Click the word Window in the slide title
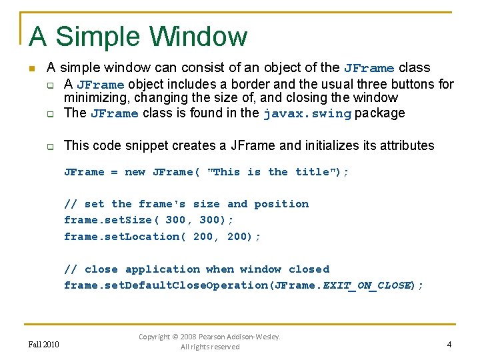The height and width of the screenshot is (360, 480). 198,37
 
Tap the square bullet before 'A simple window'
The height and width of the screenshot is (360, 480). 31,69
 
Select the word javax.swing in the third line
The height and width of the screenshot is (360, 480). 307,113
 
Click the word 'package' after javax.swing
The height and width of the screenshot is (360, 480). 379,113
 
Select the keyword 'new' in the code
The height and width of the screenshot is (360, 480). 135,172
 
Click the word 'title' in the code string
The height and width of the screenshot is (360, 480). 312,172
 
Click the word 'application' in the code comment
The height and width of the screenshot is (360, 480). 163,269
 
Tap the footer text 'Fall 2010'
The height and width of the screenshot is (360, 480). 44,345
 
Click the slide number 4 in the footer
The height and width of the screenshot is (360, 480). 449,345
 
